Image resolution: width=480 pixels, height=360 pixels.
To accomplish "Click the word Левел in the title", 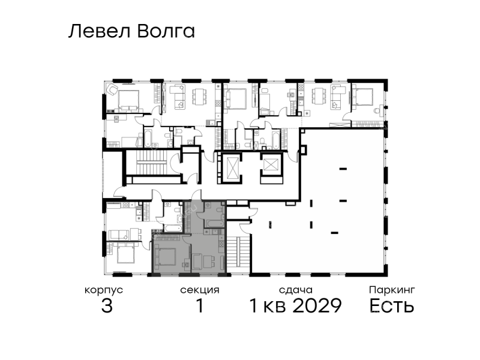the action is point(100,31).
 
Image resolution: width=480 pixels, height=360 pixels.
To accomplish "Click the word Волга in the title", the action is point(166,31).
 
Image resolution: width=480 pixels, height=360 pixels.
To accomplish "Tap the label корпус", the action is point(104,290).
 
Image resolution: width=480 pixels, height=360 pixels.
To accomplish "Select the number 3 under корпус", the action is point(107,305).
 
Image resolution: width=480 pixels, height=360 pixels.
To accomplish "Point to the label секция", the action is point(200,290).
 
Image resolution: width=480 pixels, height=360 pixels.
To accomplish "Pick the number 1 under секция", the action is point(200,305).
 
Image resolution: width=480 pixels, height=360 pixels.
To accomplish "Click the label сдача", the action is point(296,290).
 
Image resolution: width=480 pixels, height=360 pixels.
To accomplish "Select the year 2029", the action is point(317,305).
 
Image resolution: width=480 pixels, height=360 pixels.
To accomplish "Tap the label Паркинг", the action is point(392,290).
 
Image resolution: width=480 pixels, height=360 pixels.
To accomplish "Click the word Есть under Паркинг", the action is point(392,305).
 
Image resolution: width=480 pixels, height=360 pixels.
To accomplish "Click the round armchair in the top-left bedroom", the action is point(112,89).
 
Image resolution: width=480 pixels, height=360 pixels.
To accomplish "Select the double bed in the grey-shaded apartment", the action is point(166,257).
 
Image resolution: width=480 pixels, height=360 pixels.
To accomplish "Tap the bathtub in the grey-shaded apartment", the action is point(214,223).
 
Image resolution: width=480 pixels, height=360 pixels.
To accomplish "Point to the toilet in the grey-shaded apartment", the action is point(219,209).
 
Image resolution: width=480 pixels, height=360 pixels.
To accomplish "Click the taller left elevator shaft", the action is point(230,168).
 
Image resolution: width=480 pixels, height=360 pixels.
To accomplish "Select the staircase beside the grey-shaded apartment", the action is point(238,253).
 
